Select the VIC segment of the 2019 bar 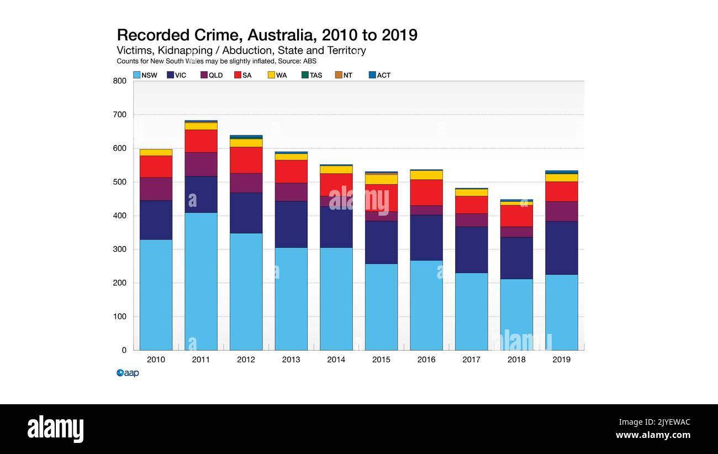point(561,248)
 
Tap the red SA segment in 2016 point(426,192)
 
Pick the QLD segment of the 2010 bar point(156,189)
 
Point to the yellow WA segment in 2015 point(381,179)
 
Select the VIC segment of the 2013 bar point(291,224)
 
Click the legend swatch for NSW point(136,75)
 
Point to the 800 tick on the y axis point(120,81)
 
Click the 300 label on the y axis point(120,249)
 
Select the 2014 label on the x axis point(336,359)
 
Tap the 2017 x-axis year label point(471,359)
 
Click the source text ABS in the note point(310,61)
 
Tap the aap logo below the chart point(128,373)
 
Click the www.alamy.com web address point(653,435)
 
